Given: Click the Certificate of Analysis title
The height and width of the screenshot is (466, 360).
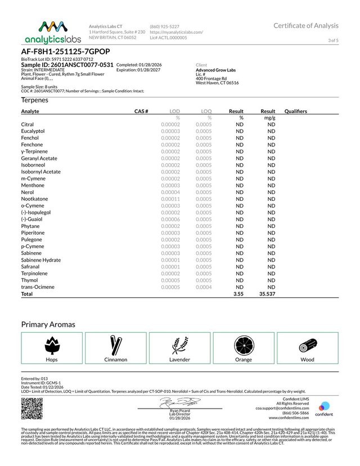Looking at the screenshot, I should [x=306, y=25].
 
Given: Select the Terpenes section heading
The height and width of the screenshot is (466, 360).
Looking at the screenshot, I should [x=34, y=100].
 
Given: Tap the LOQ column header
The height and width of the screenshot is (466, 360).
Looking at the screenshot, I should [x=206, y=111].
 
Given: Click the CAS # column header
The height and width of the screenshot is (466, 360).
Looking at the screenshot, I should [x=141, y=111].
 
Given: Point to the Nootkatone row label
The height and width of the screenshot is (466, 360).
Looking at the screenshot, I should [x=35, y=199].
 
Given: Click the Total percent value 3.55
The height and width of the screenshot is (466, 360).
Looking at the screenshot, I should [x=239, y=294].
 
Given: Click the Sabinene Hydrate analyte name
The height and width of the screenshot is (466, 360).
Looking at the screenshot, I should [x=41, y=260].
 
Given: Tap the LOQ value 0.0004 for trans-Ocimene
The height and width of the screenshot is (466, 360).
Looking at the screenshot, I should [x=204, y=287].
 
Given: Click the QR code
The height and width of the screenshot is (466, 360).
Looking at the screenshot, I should [x=31, y=407].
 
